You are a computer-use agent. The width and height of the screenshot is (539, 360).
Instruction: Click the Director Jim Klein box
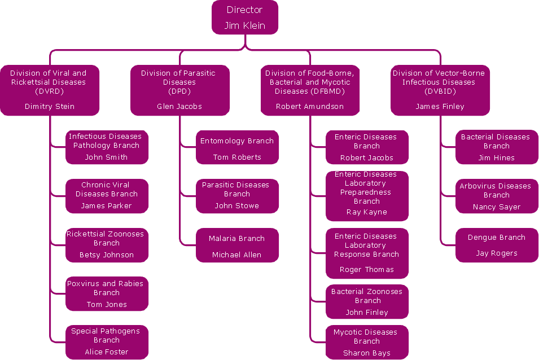click(245, 17)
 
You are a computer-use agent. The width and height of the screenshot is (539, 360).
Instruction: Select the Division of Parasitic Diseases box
click(180, 90)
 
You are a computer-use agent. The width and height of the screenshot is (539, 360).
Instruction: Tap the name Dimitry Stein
click(50, 106)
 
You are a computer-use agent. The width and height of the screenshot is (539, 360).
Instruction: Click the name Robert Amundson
click(310, 106)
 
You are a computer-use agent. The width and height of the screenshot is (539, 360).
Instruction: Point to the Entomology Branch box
click(237, 148)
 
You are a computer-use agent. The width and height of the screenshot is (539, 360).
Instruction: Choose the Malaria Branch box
click(237, 245)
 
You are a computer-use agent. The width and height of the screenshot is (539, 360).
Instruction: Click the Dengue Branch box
click(497, 245)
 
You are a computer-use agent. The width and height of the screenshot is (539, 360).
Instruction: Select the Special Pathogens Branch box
click(107, 342)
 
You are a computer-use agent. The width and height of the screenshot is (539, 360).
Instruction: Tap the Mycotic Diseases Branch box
click(367, 343)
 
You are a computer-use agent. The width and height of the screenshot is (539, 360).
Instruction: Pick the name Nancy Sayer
click(497, 207)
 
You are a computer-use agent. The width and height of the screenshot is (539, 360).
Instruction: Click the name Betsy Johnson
click(107, 255)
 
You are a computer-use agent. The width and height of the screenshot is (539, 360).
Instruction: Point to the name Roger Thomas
click(367, 270)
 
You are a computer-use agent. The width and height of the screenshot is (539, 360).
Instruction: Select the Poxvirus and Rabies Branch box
click(107, 293)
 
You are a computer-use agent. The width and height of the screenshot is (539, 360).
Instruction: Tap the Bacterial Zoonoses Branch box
click(367, 302)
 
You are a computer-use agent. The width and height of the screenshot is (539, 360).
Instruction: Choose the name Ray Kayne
click(367, 212)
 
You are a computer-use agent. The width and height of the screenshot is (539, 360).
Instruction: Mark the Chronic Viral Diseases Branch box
click(107, 196)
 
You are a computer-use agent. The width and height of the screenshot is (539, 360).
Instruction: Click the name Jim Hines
click(497, 158)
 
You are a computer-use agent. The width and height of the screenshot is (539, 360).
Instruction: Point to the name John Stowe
click(237, 206)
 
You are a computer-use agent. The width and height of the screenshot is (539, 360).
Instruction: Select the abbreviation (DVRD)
click(50, 91)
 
